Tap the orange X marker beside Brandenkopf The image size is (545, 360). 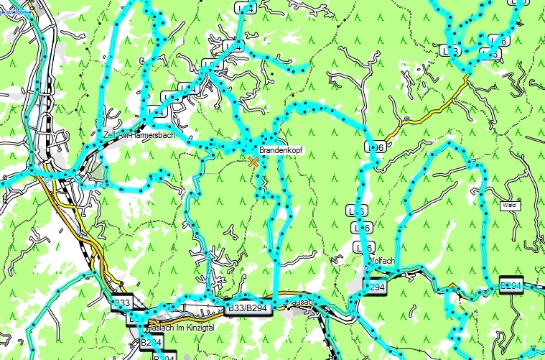click(x=253, y=162)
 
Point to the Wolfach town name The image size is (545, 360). click(x=381, y=260)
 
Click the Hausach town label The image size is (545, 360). click(x=299, y=303)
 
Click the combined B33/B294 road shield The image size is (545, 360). click(x=246, y=308)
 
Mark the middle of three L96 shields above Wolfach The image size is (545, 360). click(x=363, y=228)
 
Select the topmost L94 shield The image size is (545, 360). click(x=246, y=8)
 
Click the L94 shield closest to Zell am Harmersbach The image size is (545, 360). click(x=170, y=97)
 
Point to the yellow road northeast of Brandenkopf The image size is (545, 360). click(x=431, y=111)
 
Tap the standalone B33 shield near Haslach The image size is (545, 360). click(x=123, y=303)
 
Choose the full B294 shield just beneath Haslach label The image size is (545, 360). click(x=150, y=343)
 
